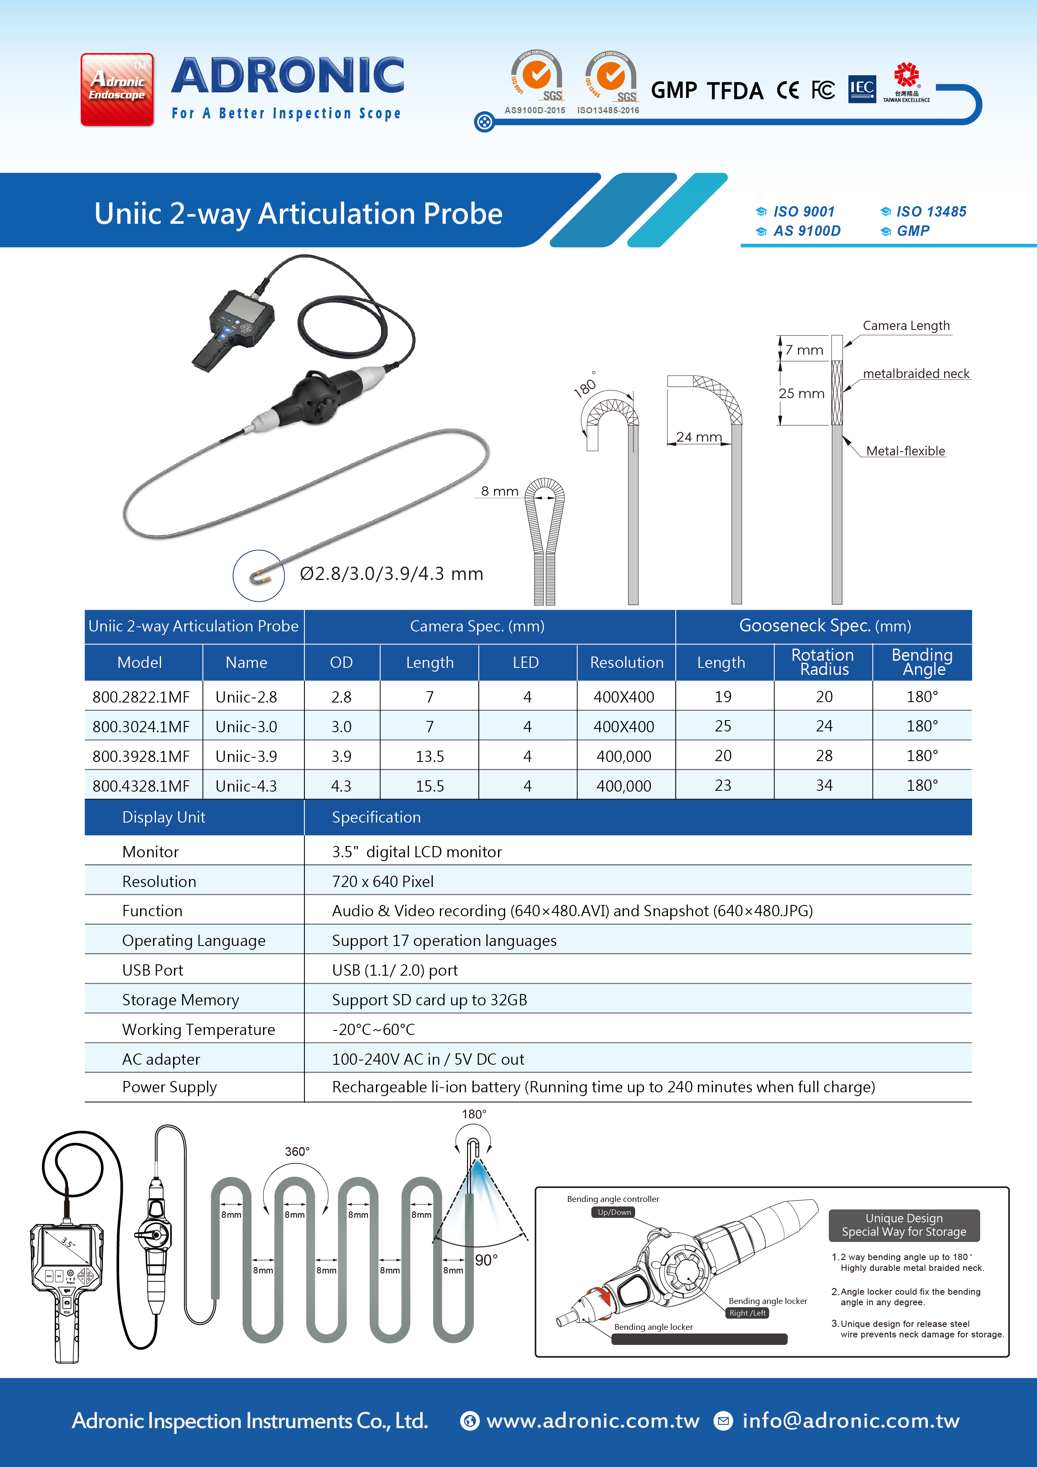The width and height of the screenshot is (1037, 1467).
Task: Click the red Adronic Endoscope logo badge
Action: click(117, 89)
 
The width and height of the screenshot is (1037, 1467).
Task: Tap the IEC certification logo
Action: click(861, 89)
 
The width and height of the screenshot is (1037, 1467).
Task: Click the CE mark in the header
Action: click(787, 90)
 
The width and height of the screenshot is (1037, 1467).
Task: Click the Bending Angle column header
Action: click(922, 662)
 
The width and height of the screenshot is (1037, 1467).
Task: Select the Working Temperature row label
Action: click(198, 1029)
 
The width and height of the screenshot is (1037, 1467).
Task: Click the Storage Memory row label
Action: click(180, 1000)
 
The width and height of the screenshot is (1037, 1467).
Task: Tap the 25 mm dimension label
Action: click(801, 394)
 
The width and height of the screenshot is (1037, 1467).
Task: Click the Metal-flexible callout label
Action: click(905, 451)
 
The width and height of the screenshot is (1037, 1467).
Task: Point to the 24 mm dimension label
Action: click(699, 437)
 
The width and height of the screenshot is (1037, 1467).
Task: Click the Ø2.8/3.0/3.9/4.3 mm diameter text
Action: click(391, 574)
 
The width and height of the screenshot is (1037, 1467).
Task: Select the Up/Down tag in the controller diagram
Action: click(614, 1212)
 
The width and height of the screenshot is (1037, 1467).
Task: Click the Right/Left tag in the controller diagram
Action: click(747, 1313)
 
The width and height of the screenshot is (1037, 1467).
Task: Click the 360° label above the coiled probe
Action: click(297, 1151)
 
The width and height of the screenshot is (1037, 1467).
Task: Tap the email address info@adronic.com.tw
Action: click(851, 1420)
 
